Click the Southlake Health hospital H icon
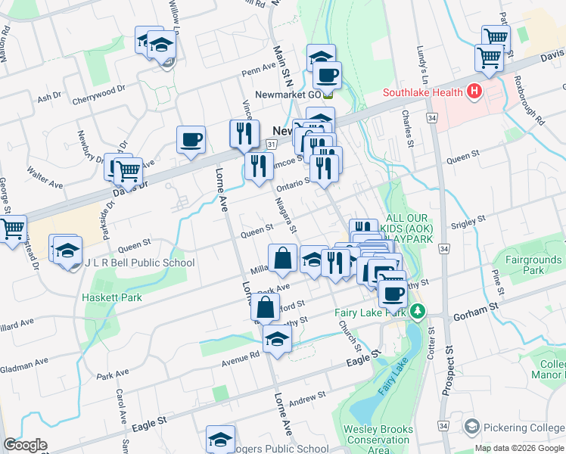474,92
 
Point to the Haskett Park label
112,297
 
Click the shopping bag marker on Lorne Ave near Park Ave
266,309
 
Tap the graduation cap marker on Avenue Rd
278,340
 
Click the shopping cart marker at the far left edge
12,229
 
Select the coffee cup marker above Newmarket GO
328,76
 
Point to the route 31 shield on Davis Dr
271,144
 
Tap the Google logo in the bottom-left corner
25,445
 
